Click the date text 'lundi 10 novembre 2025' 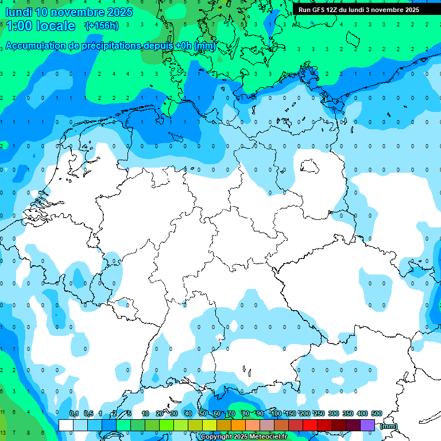click(x=69, y=12)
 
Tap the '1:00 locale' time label click(x=41, y=26)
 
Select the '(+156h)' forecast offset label click(x=102, y=26)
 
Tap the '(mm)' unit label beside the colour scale click(x=389, y=426)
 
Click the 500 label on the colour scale click(x=376, y=414)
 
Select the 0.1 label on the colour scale click(x=74, y=414)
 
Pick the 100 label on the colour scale click(x=276, y=414)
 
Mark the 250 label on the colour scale click(x=319, y=414)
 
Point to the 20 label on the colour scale click(x=160, y=414)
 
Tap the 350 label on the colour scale click(x=348, y=414)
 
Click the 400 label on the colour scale click(x=362, y=414)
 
